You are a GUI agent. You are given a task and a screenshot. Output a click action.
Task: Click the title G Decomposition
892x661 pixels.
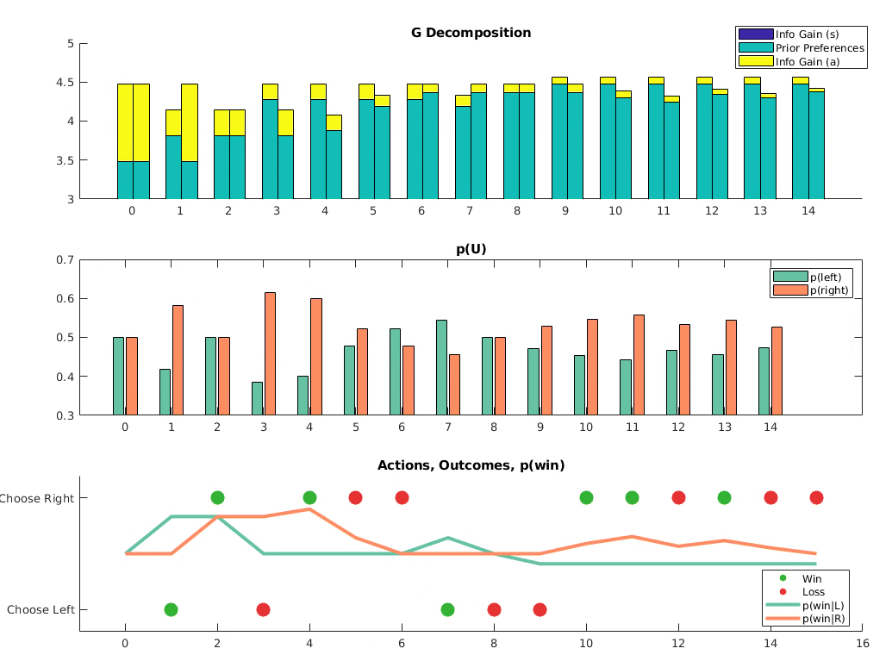471,33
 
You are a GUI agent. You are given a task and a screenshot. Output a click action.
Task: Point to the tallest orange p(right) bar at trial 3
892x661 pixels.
270,353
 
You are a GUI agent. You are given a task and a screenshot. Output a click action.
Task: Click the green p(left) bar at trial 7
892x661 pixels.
441,367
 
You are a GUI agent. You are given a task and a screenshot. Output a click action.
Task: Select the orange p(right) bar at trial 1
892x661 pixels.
178,360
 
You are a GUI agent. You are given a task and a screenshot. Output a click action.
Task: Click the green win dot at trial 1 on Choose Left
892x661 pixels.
171,609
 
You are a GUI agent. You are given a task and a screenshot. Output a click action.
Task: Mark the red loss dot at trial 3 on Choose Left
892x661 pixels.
263,609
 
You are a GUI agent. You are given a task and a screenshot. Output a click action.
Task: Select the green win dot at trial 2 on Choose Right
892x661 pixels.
217,497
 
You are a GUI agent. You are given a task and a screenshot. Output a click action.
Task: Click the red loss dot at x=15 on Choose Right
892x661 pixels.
816,497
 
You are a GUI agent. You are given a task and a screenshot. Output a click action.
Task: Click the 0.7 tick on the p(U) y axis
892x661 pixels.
65,259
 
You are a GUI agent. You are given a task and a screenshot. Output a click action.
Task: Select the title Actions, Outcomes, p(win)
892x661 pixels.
471,465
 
